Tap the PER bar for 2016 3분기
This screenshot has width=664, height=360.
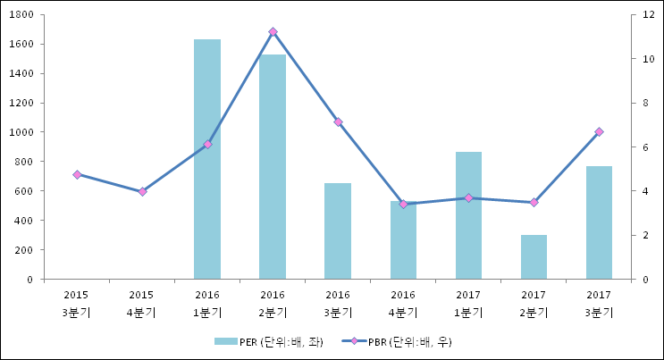coord(338,231)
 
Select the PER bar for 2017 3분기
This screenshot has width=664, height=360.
coord(599,222)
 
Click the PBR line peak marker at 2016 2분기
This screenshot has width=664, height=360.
coord(273,32)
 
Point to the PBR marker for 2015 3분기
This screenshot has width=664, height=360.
coord(77,174)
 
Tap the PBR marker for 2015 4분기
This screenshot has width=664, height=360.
coord(142,191)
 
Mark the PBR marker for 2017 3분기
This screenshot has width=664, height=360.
coord(599,131)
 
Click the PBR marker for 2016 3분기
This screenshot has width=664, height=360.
coord(338,121)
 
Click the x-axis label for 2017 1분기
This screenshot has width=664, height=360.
coord(468,303)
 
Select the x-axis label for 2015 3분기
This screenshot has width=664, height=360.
coord(77,303)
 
